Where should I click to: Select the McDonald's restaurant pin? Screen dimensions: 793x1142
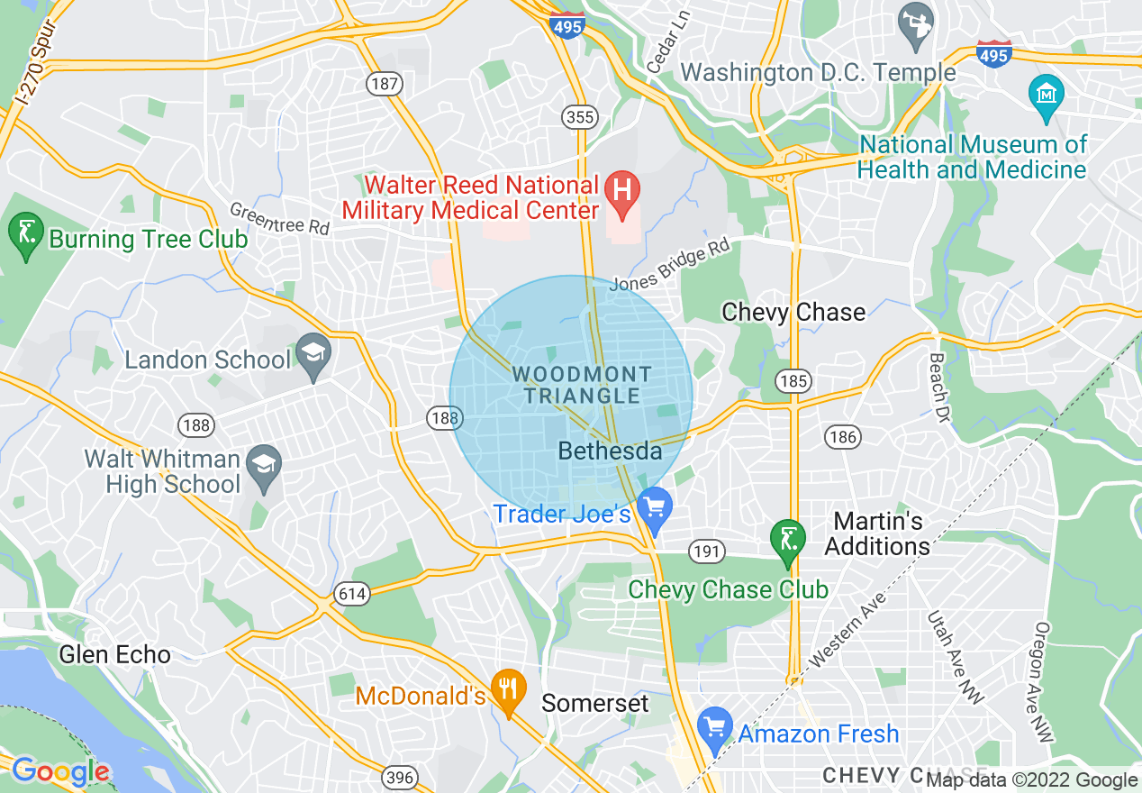point(509,691)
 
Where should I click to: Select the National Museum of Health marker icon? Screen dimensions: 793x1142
point(1047,94)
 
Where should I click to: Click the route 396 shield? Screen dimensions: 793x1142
point(399,776)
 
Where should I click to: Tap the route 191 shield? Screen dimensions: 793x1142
point(707,550)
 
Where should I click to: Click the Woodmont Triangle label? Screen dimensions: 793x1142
point(583,385)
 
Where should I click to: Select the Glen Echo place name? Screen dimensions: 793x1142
point(114,654)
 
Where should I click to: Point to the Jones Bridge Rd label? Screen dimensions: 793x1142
point(668,269)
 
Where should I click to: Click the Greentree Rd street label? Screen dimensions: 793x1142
point(279,219)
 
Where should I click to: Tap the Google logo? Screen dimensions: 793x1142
point(60,771)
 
